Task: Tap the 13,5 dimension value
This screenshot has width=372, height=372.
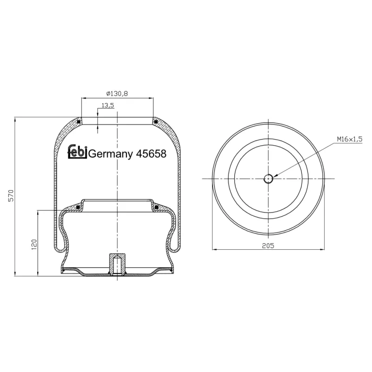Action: [x=107, y=106]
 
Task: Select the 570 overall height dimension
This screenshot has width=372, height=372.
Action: [x=11, y=196]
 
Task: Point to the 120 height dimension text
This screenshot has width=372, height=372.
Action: [x=33, y=244]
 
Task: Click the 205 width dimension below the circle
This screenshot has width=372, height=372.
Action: [x=268, y=245]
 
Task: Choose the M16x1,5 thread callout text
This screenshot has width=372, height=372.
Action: [x=349, y=139]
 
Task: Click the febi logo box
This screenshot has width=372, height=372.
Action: [x=78, y=153]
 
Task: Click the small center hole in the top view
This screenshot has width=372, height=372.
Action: [x=268, y=179]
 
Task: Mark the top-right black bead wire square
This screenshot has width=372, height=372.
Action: [x=156, y=122]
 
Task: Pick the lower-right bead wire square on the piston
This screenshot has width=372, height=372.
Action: [x=156, y=206]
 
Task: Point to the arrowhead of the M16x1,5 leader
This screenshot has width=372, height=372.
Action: [x=276, y=176]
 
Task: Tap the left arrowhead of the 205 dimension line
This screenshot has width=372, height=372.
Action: [x=214, y=249]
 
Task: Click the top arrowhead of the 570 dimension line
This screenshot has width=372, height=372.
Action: [x=15, y=120]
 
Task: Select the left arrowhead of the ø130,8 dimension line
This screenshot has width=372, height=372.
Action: [x=84, y=98]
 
